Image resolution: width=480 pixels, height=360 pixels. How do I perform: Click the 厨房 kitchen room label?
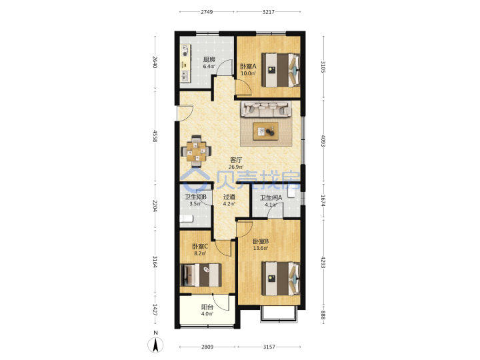209,59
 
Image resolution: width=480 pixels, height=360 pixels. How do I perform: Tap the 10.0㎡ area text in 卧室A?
248,73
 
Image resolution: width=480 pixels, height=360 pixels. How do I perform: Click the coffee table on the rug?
265,131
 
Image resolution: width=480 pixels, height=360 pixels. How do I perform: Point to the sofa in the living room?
265,109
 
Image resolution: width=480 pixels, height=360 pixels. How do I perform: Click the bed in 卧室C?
201,275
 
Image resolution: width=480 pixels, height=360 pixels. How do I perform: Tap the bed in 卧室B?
281,279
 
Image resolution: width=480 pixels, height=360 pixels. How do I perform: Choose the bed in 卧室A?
281,70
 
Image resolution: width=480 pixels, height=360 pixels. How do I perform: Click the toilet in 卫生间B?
186,219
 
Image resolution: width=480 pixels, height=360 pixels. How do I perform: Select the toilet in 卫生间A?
291,193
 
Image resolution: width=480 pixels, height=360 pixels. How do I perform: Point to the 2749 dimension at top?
207,12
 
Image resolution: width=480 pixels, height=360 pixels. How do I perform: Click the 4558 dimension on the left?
155,136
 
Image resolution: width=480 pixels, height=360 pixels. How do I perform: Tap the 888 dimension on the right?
323,315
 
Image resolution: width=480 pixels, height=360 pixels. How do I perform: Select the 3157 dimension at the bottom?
269,347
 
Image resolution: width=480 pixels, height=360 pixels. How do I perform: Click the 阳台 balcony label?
207,307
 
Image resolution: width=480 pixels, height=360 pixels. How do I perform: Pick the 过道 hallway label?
229,197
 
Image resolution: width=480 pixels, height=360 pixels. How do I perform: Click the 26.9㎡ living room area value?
236,167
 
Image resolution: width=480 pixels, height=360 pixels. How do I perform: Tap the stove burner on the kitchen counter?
185,54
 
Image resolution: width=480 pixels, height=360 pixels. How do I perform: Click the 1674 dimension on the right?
323,201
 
